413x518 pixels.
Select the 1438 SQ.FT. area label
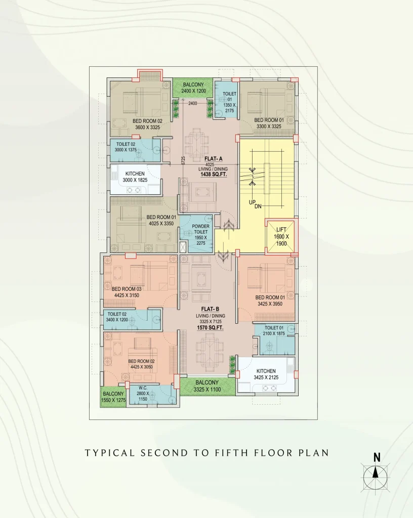(x=214, y=174)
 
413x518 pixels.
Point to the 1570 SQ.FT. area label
(x=210, y=327)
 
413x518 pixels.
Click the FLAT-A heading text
(x=214, y=159)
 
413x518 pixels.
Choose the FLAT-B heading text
(x=210, y=309)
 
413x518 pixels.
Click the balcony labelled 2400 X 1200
(x=193, y=88)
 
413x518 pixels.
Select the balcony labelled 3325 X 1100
(x=207, y=386)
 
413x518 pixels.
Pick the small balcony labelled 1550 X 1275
(x=113, y=397)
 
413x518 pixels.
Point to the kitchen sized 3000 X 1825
(x=135, y=180)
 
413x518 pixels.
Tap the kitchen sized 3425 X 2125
(x=266, y=374)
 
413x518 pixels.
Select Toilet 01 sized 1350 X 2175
(x=226, y=99)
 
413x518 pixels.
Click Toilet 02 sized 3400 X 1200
(x=132, y=320)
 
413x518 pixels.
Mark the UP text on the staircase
(x=252, y=202)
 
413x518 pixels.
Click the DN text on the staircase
(x=258, y=206)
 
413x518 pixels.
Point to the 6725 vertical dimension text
(x=183, y=160)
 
